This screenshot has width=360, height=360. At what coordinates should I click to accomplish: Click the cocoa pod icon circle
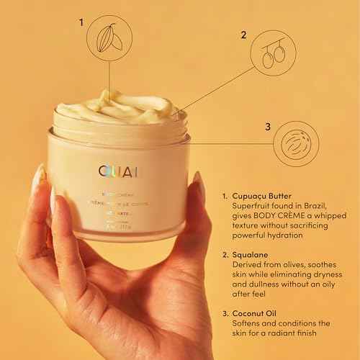109,36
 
